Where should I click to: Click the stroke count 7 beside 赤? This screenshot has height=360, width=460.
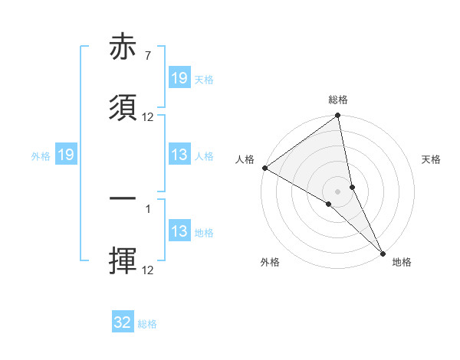(147, 57)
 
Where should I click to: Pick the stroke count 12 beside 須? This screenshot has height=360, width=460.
(148, 117)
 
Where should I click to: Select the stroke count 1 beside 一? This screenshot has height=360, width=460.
(147, 208)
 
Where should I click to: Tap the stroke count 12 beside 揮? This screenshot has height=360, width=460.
(148, 269)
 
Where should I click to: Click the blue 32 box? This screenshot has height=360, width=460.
(123, 322)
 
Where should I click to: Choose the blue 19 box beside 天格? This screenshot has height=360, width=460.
(179, 78)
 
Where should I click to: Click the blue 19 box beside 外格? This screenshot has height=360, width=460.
(66, 155)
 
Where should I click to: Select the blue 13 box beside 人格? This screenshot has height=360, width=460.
(179, 155)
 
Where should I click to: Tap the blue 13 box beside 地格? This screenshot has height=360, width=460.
(179, 231)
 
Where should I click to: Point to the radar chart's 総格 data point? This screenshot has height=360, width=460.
(338, 116)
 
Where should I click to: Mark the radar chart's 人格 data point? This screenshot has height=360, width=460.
(264, 168)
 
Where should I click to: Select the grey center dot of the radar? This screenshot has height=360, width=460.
(338, 191)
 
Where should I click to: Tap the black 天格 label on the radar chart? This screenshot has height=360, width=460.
(432, 159)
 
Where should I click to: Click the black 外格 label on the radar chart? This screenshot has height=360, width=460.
(270, 262)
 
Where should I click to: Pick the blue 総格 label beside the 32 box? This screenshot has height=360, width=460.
(147, 324)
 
